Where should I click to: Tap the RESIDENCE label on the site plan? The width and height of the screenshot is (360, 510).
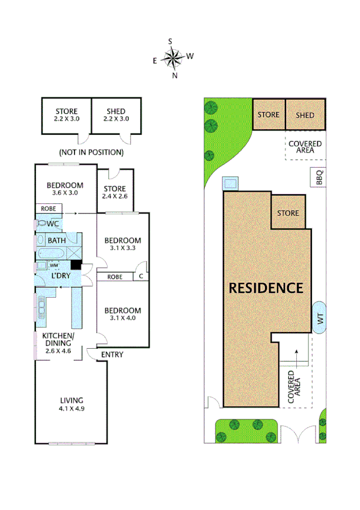pos(266,288)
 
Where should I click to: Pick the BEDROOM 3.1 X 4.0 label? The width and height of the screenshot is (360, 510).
pos(122,315)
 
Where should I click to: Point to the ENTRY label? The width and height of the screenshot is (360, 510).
pos(112,355)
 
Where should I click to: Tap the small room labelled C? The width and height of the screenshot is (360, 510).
pos(141,277)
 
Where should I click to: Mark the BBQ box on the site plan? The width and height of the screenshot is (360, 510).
pos(319,178)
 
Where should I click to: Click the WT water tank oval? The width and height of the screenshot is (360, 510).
pos(319,316)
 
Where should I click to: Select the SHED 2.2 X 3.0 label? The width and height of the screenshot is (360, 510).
pos(116,115)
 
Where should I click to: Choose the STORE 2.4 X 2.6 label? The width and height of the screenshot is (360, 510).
pos(114,192)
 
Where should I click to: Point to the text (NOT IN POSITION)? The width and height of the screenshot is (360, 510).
pos(91,152)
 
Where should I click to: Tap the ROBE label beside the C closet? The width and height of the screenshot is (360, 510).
pos(116,277)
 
